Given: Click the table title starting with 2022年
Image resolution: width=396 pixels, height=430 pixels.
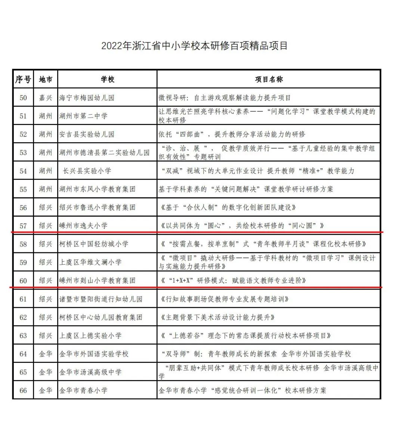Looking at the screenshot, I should [195, 46].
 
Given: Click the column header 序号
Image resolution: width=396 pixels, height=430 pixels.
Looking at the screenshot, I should [23, 79].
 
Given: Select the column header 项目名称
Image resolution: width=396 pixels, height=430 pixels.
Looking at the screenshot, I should [269, 79].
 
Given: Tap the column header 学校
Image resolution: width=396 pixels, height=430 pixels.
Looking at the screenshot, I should [108, 79].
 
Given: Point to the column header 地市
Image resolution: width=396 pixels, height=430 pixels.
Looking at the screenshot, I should [46, 79].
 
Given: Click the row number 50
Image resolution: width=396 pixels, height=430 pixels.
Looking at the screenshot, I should [23, 98].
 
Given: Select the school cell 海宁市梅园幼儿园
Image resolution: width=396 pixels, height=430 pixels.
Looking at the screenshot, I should [87, 98].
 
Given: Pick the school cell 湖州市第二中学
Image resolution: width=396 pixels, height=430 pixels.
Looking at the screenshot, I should [83, 116].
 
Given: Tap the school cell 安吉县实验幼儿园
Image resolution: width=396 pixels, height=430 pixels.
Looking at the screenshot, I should [87, 134].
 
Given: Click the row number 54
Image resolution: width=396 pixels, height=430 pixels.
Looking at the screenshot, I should [23, 171].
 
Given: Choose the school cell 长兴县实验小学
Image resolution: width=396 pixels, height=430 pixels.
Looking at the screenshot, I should [87, 171].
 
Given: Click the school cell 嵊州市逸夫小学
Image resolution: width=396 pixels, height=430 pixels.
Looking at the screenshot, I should [83, 226].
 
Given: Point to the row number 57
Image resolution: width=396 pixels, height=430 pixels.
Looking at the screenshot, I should [23, 226].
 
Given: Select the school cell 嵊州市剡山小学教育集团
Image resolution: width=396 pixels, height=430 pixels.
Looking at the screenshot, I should [97, 280].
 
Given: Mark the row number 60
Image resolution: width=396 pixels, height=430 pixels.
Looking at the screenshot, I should [23, 280].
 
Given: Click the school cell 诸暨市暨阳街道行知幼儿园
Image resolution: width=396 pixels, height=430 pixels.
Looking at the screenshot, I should [100, 299].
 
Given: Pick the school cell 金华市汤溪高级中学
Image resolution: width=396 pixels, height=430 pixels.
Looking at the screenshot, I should [90, 372].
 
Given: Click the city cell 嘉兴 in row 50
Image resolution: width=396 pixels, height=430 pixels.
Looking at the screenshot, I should [46, 98].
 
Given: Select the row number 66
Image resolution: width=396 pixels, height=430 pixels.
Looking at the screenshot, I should [23, 390].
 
